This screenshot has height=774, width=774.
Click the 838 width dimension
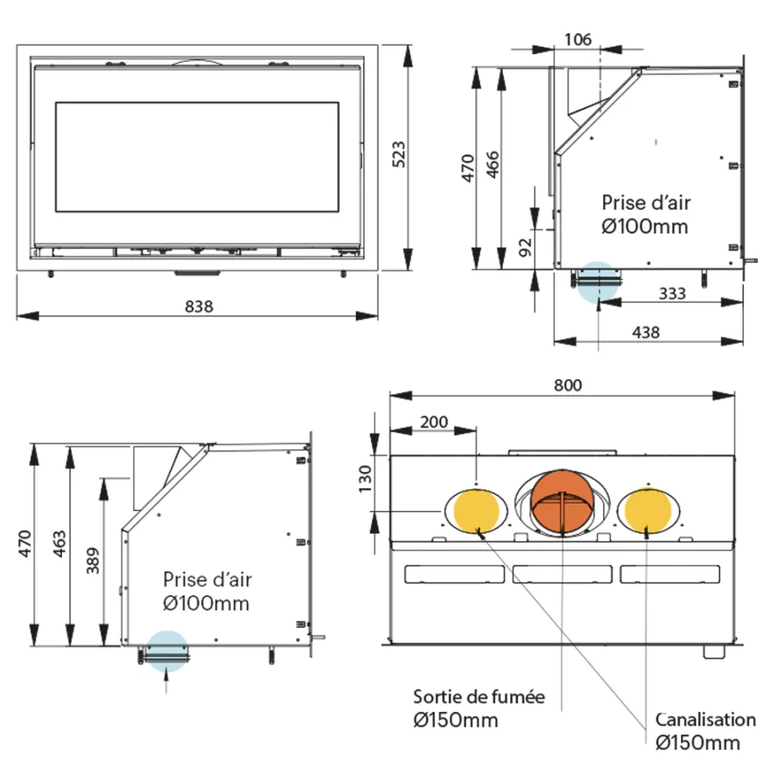coord(199,306)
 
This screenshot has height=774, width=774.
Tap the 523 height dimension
coord(399,154)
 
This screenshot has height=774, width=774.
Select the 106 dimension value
coord(578,39)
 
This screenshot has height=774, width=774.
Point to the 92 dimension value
coord(525,248)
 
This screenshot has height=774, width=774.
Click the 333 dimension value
coord(673,294)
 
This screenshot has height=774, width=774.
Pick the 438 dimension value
coord(646,332)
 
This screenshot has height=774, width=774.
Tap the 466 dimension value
coord(493,164)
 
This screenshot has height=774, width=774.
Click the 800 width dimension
coord(568,385)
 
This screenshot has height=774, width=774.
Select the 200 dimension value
coord(434,422)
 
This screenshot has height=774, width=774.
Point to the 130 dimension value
coord(365,479)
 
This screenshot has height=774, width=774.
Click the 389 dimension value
coord(93,560)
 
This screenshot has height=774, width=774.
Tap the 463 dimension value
coord(59,544)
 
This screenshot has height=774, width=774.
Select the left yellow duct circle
coord(476,511)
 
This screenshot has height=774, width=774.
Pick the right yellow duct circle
coord(648,510)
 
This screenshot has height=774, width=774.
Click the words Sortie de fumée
coord(479,697)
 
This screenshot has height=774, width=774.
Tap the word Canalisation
coord(705,720)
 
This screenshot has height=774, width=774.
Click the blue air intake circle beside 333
coord(598,282)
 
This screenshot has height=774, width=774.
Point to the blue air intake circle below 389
coord(168,652)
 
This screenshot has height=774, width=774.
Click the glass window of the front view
coord(197,157)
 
